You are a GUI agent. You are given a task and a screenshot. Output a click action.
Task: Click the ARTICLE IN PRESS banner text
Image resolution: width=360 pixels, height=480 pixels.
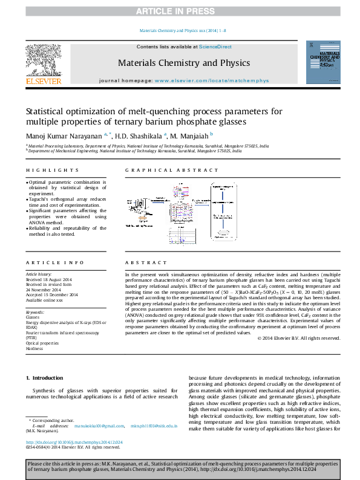coord(180,11)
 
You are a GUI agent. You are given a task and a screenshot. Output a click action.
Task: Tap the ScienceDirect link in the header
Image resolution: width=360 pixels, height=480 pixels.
coord(215,47)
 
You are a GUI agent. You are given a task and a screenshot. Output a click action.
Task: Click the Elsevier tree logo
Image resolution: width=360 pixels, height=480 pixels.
coord(43,60)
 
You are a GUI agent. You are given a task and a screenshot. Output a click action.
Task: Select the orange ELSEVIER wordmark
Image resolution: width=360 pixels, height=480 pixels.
coord(43,81)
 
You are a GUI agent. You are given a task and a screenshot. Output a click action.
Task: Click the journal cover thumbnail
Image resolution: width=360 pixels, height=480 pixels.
coord(321,62)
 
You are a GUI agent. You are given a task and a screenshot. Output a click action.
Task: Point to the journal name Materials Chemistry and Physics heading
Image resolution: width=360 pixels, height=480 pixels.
coord(183,63)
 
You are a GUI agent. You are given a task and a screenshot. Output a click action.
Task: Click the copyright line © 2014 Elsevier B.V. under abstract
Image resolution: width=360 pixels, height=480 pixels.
coord(299,338)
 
